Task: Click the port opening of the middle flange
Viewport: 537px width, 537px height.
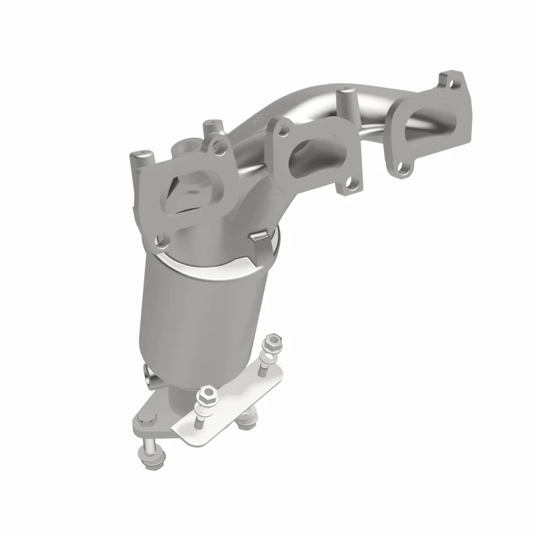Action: click(315, 150)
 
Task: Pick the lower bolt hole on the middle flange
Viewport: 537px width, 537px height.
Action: click(349, 182)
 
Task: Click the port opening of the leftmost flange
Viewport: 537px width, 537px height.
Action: click(193, 191)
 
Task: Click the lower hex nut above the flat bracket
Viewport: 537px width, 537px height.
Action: click(208, 395)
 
